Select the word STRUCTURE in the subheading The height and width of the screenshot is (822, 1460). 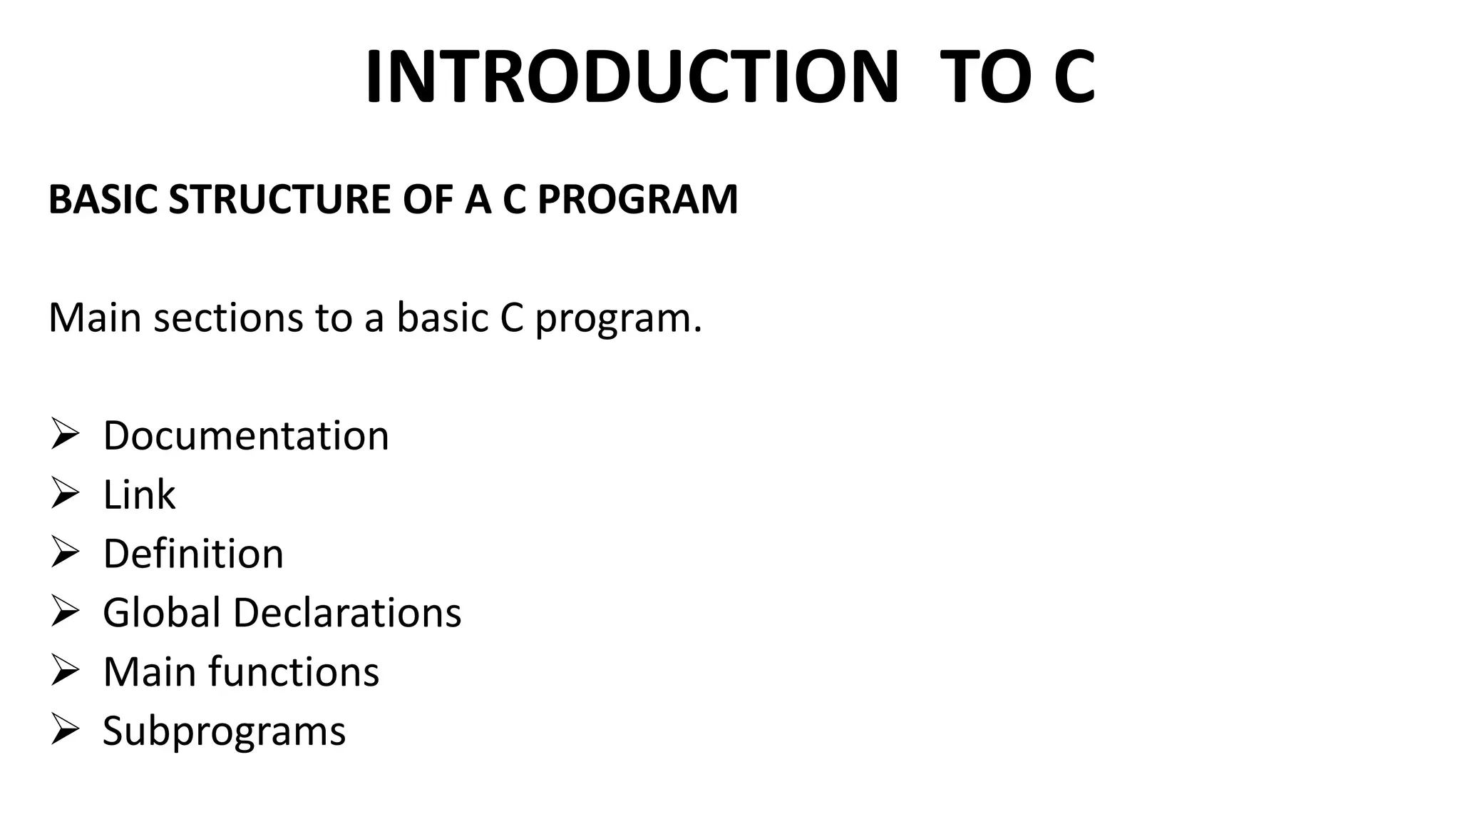click(279, 199)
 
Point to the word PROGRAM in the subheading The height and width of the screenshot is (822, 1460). click(637, 199)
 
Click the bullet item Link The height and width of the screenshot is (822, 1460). click(139, 494)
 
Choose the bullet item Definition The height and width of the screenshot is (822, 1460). click(193, 554)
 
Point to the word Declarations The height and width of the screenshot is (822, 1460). click(347, 613)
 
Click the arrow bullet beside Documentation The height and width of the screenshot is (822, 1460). click(64, 435)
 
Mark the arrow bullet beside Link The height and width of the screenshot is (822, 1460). click(64, 494)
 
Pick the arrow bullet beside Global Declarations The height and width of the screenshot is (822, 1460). click(64, 612)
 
